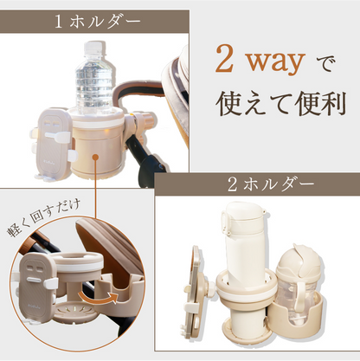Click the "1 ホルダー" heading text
click(97, 23)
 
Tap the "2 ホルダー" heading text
click(271, 184)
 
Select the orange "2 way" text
click(260, 61)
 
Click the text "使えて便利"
click(280, 103)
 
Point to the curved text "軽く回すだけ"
click(44, 218)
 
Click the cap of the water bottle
click(93, 47)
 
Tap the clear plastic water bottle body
click(94, 81)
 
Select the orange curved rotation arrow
click(98, 297)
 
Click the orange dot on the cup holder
click(96, 157)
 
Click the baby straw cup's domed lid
click(298, 258)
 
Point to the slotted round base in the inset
click(74, 313)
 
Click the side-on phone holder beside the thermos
click(198, 292)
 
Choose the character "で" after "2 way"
click(326, 65)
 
